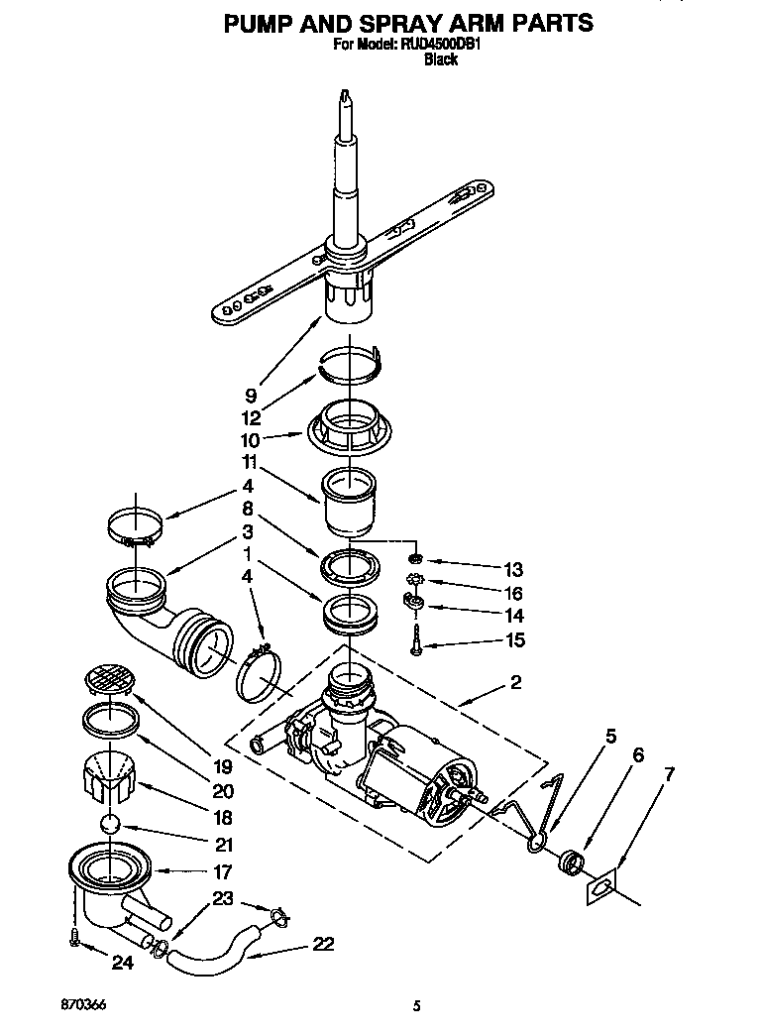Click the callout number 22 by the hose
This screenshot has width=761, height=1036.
click(322, 944)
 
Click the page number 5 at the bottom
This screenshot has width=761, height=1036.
click(417, 1007)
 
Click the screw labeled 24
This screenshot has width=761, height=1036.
click(75, 938)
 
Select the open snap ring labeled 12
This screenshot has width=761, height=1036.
click(350, 362)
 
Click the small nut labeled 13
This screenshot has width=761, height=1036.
click(420, 560)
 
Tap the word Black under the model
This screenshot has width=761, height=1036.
click(440, 60)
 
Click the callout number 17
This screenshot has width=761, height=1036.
click(222, 872)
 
